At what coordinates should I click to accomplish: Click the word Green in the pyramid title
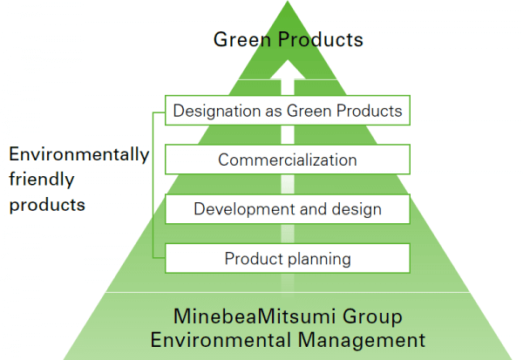pyautogui.click(x=241, y=39)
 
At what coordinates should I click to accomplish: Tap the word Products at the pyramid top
pyautogui.click(x=321, y=39)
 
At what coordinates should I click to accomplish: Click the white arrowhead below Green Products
pyautogui.click(x=288, y=70)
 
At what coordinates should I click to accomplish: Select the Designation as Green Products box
pyautogui.click(x=288, y=111)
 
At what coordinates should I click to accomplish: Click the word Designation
pyautogui.click(x=217, y=111)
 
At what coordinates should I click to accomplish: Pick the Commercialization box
pyautogui.click(x=288, y=160)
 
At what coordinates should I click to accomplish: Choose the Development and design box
pyautogui.click(x=288, y=209)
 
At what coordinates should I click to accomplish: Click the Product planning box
pyautogui.click(x=288, y=258)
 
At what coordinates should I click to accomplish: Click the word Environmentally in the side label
pyautogui.click(x=79, y=155)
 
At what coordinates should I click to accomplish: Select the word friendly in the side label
pyautogui.click(x=42, y=180)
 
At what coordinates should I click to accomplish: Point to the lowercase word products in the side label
pyautogui.click(x=47, y=205)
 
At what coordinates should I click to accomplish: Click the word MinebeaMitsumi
pyautogui.click(x=255, y=316)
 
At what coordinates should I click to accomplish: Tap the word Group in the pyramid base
pyautogui.click(x=372, y=317)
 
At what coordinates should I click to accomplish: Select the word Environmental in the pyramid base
pyautogui.click(x=221, y=340)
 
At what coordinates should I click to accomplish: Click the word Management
pyautogui.click(x=362, y=341)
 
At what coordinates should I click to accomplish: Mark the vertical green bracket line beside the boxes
pyautogui.click(x=153, y=185)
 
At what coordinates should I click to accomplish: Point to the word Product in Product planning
pyautogui.click(x=255, y=259)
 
